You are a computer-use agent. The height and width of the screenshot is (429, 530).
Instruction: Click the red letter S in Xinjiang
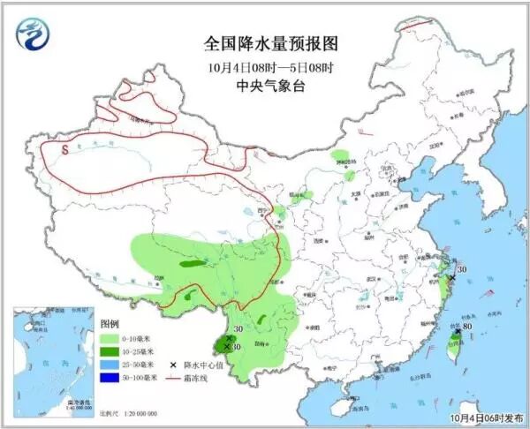65,150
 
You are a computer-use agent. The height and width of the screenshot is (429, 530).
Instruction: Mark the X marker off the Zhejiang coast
451,278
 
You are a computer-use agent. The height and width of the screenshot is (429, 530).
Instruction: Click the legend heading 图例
110,324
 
